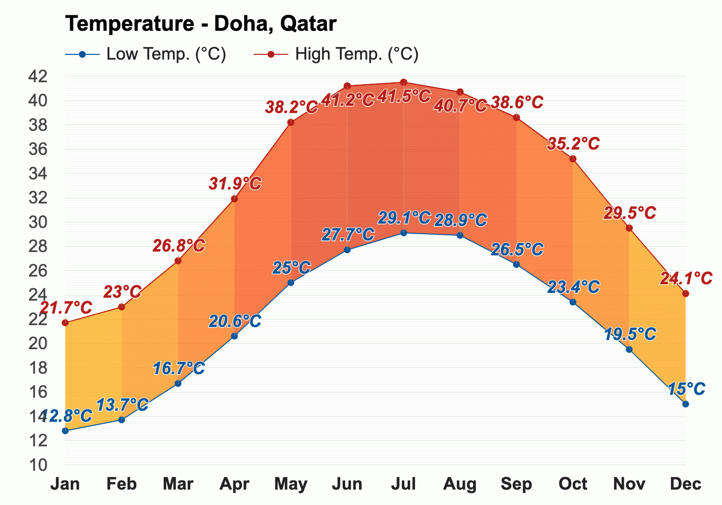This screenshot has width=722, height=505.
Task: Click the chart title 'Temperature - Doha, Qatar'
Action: click(x=200, y=24)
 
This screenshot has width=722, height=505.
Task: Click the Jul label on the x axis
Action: click(x=403, y=484)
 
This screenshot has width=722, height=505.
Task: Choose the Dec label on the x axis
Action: click(x=685, y=484)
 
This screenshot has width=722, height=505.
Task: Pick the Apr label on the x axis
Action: click(x=234, y=484)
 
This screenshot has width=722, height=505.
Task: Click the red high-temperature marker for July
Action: click(x=403, y=82)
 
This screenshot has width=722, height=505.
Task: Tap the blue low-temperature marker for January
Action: click(x=65, y=430)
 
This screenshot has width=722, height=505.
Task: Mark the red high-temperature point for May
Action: click(x=291, y=122)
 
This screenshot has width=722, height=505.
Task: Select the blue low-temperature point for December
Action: click(x=685, y=404)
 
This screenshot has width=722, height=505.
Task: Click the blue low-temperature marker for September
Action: click(x=516, y=264)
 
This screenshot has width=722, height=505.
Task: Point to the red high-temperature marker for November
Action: click(x=629, y=227)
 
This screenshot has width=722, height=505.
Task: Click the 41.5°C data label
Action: click(x=403, y=96)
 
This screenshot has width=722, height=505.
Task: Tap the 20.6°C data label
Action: click(x=235, y=321)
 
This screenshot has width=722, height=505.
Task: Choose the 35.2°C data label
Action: click(x=573, y=143)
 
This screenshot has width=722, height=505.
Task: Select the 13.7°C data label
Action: click(x=122, y=405)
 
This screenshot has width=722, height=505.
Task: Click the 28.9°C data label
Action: click(x=460, y=220)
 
